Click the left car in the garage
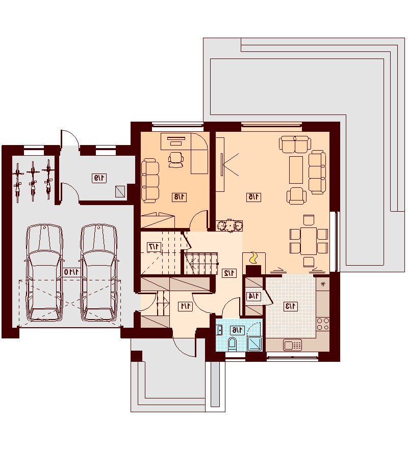coord(44,273)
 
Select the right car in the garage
coord(98,273)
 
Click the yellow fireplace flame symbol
coord(253,259)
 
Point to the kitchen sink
coord(292,345)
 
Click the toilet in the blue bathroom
coord(232,343)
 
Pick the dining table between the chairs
coord(308,241)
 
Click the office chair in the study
coord(176,159)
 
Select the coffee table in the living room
coord(296,169)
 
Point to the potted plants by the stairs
coord(230,225)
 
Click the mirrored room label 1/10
coord(72,272)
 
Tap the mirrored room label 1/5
coord(253,197)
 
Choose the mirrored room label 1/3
coord(291,306)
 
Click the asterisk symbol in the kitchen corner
coord(323,284)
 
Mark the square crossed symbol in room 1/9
coord(120,191)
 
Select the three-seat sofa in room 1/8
coord(150,181)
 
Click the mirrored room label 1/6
coord(237,330)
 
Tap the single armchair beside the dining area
coord(296,195)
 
